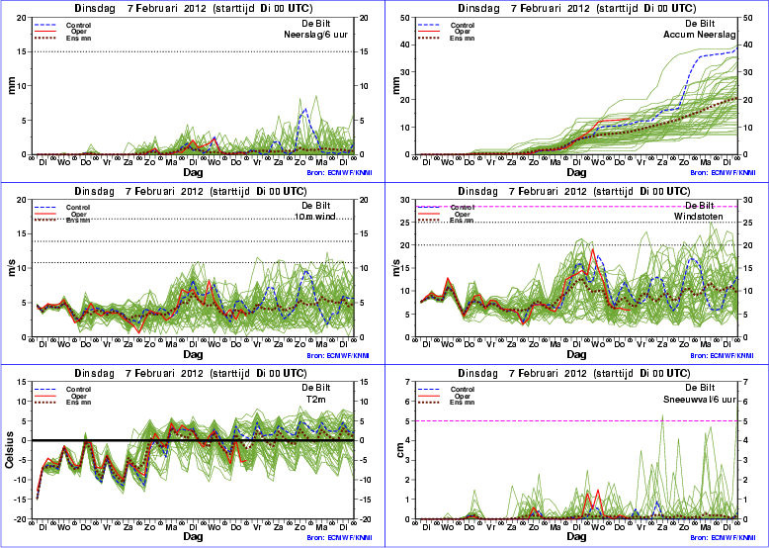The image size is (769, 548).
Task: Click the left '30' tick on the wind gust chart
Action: pos(405,200)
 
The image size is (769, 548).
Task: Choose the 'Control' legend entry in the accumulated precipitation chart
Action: pos(444,24)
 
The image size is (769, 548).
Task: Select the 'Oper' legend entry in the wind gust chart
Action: pos(445,213)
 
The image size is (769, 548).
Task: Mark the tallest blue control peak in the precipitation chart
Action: pos(304,110)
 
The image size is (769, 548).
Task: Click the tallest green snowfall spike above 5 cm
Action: pos(661,415)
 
